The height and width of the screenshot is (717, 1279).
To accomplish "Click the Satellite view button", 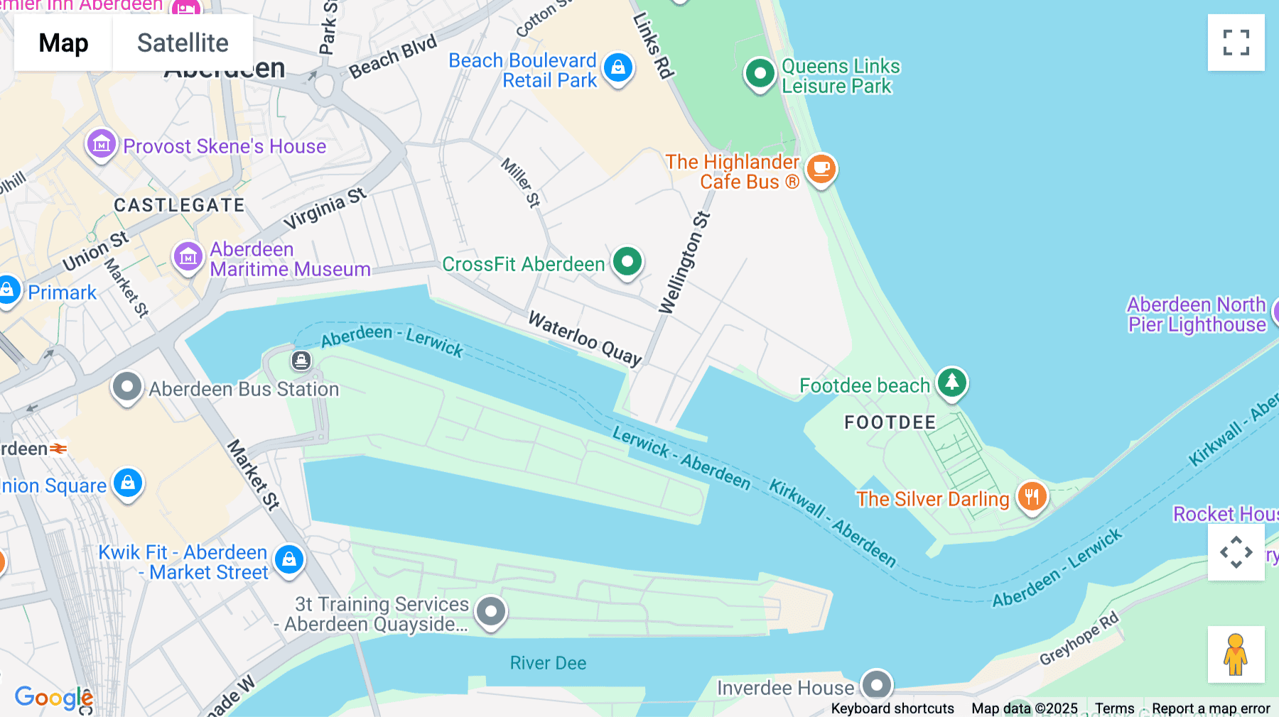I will click(x=183, y=43).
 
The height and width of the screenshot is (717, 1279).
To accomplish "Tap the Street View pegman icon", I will click(x=1236, y=654).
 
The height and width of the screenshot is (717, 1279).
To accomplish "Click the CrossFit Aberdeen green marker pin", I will click(x=627, y=262).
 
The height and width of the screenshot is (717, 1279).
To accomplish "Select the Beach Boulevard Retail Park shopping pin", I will click(x=618, y=68).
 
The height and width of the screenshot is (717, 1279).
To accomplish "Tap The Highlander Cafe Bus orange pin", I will click(x=821, y=169).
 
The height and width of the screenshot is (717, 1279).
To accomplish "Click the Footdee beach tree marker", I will click(x=952, y=383).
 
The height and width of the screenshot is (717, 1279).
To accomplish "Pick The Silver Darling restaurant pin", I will click(x=1032, y=496).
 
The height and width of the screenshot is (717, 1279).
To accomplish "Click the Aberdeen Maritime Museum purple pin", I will click(x=188, y=257).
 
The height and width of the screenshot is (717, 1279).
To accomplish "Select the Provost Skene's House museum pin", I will click(x=102, y=145).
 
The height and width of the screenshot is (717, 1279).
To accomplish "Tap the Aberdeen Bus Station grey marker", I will click(x=127, y=388).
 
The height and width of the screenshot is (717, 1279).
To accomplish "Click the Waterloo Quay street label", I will click(x=585, y=338).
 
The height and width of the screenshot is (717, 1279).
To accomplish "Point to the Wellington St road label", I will click(x=684, y=263).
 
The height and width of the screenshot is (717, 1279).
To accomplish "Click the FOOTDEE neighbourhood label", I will click(x=890, y=423).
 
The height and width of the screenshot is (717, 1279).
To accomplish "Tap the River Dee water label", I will click(x=548, y=663).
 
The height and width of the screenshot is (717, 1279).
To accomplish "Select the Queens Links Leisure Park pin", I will click(x=760, y=74).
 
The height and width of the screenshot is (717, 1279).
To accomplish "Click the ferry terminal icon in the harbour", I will click(x=301, y=361).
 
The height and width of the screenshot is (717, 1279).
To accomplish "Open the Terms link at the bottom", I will click(x=1114, y=708).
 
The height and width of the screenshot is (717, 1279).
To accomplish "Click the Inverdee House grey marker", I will click(x=877, y=685).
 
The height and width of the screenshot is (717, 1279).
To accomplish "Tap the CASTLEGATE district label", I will click(x=179, y=206).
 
